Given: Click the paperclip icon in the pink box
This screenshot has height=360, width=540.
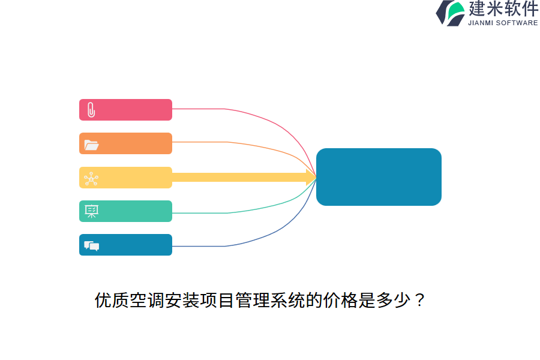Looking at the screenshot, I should point(91,110).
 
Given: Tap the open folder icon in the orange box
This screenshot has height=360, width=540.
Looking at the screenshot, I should point(91,144).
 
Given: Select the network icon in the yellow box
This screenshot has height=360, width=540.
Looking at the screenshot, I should point(91,178).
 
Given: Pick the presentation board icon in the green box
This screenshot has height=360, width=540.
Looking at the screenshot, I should point(91,211).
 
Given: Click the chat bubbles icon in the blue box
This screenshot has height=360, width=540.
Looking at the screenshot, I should point(91,245).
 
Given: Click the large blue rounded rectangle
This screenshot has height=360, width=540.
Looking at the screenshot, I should point(379,177).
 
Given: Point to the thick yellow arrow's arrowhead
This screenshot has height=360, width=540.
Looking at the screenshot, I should point(311,177).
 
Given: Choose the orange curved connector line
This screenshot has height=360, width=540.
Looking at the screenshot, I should point(264,146).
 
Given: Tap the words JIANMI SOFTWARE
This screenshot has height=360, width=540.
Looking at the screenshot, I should point(503,23).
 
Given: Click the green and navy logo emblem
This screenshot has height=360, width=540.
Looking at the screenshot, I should point(451,13).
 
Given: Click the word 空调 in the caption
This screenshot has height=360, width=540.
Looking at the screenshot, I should point(147,300).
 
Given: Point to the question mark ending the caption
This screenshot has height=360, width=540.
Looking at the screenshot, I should point(419,300).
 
